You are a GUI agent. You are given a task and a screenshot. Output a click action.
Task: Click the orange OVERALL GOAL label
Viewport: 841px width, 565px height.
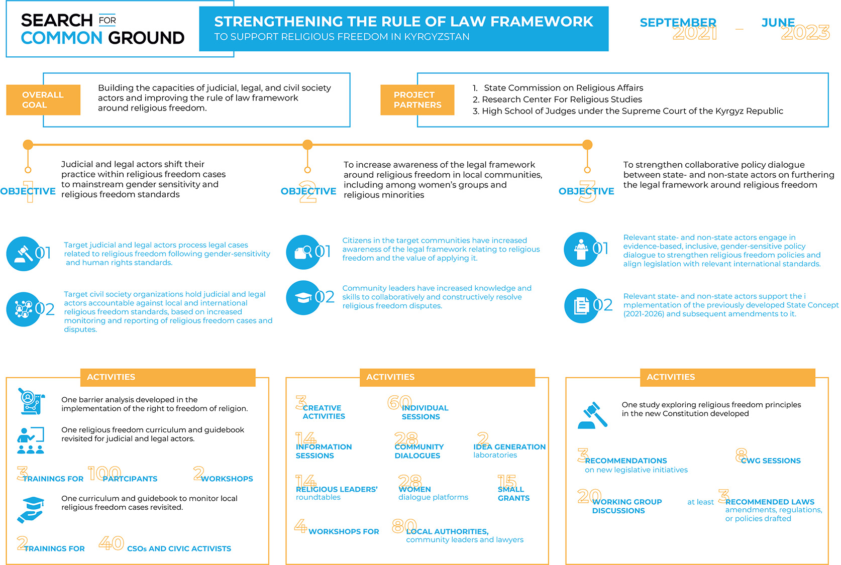coord(43,100)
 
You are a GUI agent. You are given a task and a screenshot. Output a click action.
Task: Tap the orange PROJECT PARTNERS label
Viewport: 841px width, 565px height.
coord(417,100)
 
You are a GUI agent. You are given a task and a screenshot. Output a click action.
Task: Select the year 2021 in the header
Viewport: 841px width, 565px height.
coord(695,33)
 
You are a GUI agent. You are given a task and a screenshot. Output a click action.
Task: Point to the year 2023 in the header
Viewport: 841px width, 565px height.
coord(805,33)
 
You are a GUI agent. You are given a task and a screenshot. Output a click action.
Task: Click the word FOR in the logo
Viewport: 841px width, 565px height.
coord(108,20)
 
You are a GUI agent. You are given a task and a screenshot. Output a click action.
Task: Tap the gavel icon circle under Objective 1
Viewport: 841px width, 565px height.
coord(23,254)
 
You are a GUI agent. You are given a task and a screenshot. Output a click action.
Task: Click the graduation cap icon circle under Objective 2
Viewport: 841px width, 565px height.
coord(303,298)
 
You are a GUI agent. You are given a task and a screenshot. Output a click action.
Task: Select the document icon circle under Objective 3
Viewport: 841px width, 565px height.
coord(581,305)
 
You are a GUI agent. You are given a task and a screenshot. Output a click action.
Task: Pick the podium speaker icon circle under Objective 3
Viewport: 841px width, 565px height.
coord(581,249)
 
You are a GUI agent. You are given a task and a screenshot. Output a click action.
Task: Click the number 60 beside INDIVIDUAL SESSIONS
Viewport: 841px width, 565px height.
coord(399,402)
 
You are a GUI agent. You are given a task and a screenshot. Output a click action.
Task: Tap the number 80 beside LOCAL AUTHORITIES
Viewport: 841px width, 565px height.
coord(404,526)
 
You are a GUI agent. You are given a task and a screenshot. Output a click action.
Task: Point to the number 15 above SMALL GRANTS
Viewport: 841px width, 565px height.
coord(507,482)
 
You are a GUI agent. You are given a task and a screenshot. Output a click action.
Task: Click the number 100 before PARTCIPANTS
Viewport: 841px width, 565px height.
coord(104,473)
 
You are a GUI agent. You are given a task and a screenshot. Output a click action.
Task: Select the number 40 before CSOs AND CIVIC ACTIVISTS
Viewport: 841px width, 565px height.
coord(111,543)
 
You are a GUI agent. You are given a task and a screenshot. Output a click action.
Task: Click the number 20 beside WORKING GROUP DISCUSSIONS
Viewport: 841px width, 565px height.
coord(589,496)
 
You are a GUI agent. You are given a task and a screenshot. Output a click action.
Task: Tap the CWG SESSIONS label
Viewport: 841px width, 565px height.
coord(771,461)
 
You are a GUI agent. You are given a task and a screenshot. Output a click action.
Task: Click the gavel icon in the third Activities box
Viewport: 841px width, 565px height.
coord(593,415)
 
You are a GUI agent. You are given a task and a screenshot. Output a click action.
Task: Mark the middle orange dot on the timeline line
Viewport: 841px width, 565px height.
coord(307,145)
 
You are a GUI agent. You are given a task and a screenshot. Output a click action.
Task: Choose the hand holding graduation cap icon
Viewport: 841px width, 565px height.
coord(31,510)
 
